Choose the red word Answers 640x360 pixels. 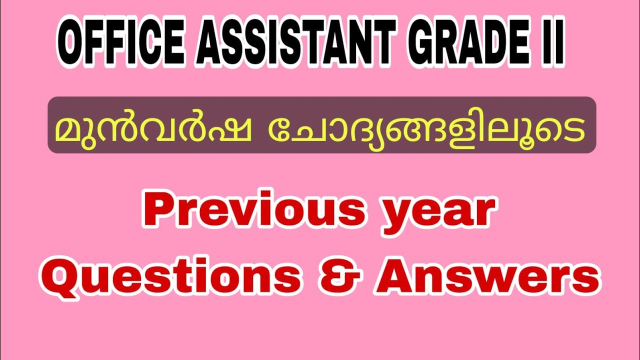pyautogui.click(x=487, y=276)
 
